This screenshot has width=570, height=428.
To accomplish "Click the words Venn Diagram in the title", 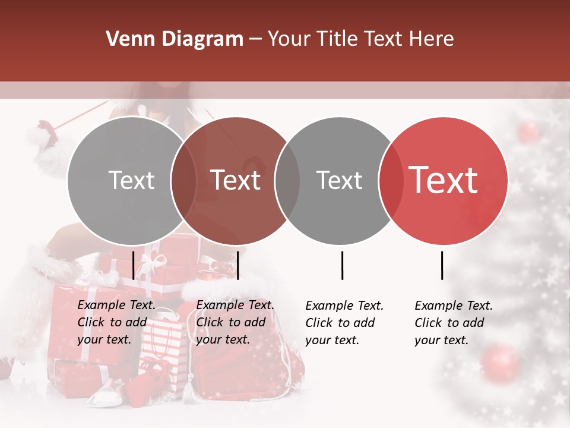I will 175,39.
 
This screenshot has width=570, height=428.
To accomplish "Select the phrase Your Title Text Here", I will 361,39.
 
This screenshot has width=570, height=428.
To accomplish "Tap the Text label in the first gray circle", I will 131,180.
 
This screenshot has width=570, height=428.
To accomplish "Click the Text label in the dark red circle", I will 235,180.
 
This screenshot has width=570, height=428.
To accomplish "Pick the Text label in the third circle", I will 339,180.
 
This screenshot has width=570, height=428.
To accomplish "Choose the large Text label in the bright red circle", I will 444,180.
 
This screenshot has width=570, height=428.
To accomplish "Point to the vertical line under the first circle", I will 134,265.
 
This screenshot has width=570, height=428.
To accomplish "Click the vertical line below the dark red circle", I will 237,265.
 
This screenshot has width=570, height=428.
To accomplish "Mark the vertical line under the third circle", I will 342,265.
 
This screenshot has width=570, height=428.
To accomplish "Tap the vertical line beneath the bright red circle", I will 442,265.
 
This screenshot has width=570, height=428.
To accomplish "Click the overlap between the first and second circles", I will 183,181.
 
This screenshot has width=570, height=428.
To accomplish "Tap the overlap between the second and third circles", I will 287,181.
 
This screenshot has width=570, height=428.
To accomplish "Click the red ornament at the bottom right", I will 500,362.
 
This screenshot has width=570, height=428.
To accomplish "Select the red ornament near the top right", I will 528,132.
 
